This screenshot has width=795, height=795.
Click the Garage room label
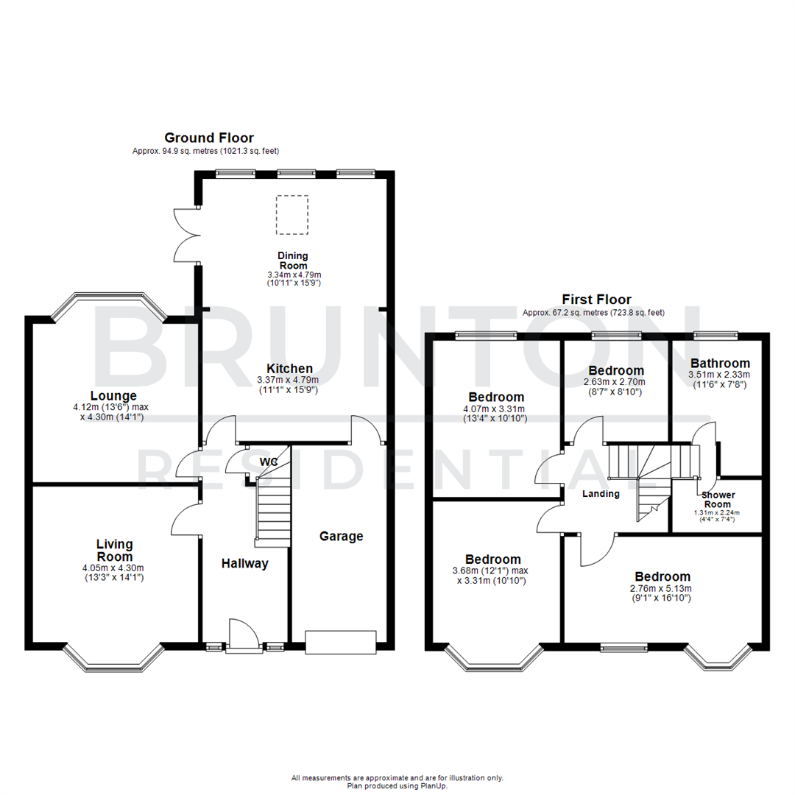[x=341, y=537]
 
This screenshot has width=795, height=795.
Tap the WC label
[x=269, y=462]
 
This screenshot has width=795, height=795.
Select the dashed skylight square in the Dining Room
[x=292, y=215]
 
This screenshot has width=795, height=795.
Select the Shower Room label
[x=716, y=500]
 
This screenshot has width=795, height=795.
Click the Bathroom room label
[x=720, y=363]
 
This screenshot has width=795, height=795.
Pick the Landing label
[x=601, y=494]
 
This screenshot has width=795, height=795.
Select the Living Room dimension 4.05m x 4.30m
[x=114, y=568]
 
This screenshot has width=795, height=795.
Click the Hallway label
[x=245, y=564]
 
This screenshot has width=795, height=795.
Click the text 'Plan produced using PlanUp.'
[x=397, y=785]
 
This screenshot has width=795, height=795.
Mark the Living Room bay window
[x=113, y=661]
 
